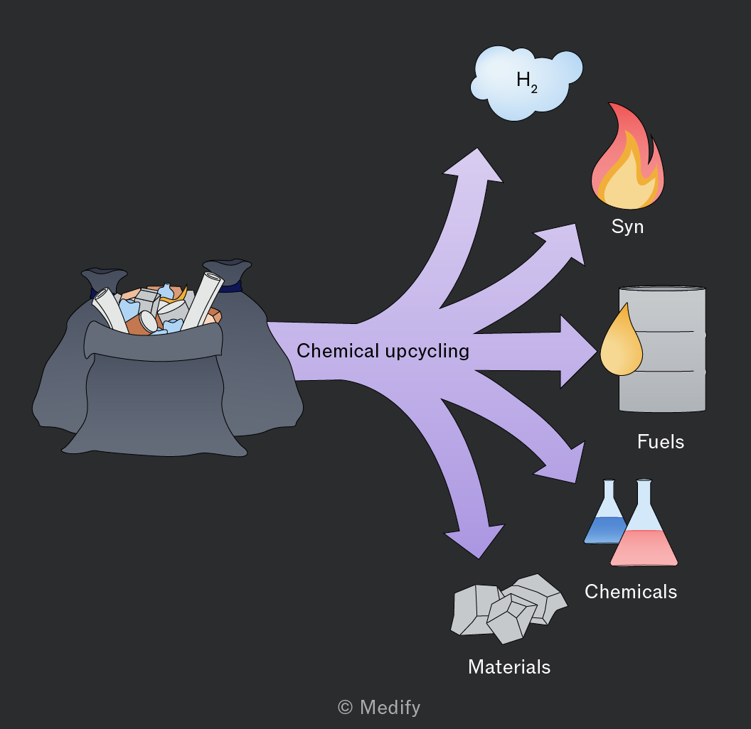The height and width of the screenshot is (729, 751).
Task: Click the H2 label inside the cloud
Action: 527,82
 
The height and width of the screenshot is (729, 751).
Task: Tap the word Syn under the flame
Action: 627,227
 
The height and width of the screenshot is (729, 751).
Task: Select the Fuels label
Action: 661,441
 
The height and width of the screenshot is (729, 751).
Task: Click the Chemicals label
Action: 631,592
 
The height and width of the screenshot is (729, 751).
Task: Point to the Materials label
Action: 509,666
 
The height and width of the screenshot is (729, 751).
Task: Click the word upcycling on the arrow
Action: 427,352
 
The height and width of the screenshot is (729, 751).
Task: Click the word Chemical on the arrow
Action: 338,350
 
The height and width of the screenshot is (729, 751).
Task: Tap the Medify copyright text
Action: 379,707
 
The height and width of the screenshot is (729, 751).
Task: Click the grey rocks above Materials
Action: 508,608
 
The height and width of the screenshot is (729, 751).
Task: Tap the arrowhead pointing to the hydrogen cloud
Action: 474,165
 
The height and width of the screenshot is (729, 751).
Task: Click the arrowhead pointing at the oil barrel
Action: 577,352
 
